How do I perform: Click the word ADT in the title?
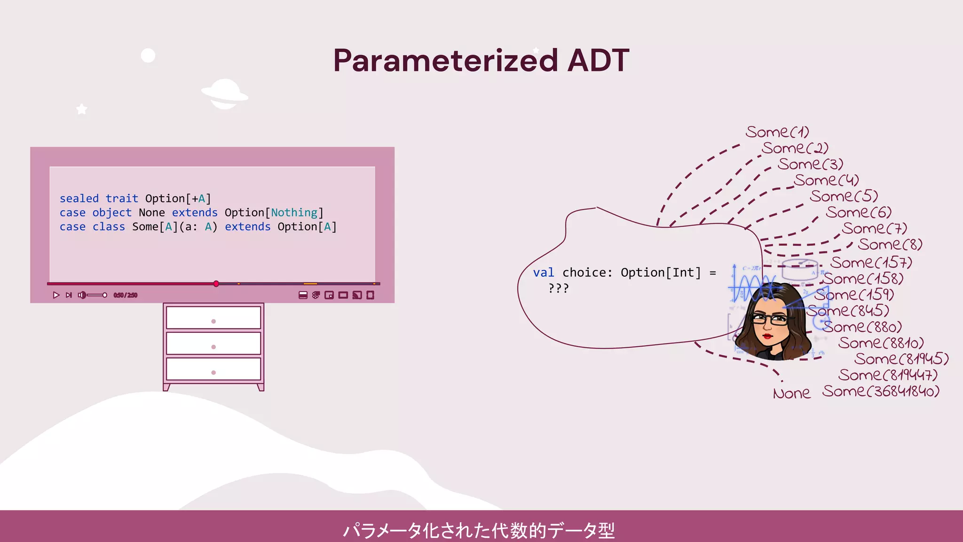[598, 60]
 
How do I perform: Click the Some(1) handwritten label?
[777, 132]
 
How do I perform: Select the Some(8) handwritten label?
[890, 244]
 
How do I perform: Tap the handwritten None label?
[791, 393]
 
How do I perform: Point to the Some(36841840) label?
[881, 391]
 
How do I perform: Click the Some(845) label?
[848, 311]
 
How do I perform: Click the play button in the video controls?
[56, 295]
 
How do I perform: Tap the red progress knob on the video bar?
[216, 284]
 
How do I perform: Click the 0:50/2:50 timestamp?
[125, 295]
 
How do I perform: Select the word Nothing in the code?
[294, 213]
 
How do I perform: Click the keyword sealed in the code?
[79, 199]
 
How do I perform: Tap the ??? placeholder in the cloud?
[559, 287]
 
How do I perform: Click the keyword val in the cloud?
[544, 272]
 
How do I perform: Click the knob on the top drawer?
[213, 321]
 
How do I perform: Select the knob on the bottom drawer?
[213, 373]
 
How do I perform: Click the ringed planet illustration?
[225, 94]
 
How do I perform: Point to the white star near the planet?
[82, 109]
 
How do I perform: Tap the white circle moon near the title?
[148, 56]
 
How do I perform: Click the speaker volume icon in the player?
[82, 295]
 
